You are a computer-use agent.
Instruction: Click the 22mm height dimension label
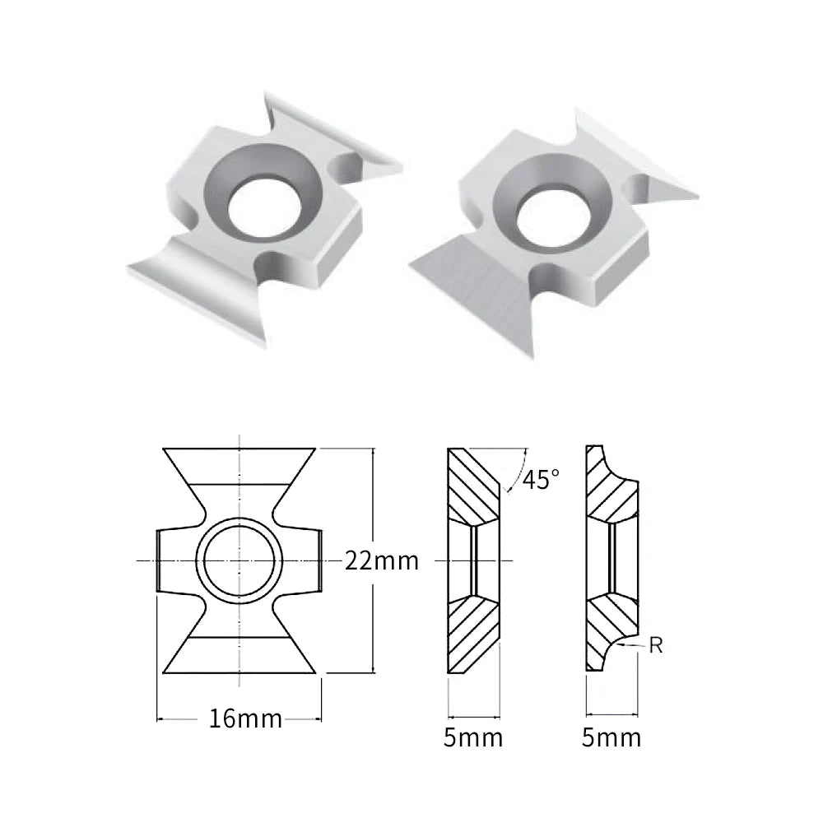pos(382,561)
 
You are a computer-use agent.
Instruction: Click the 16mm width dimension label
pos(245,718)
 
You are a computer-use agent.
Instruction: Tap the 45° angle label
pos(541,479)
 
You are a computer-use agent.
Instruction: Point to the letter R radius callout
pos(656,645)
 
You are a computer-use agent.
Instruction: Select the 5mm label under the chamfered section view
pos(473,737)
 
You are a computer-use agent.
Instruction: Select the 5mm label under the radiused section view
pos(611,737)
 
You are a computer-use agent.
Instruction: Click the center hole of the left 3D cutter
pos(264,206)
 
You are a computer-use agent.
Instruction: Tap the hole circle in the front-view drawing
pos(239,560)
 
